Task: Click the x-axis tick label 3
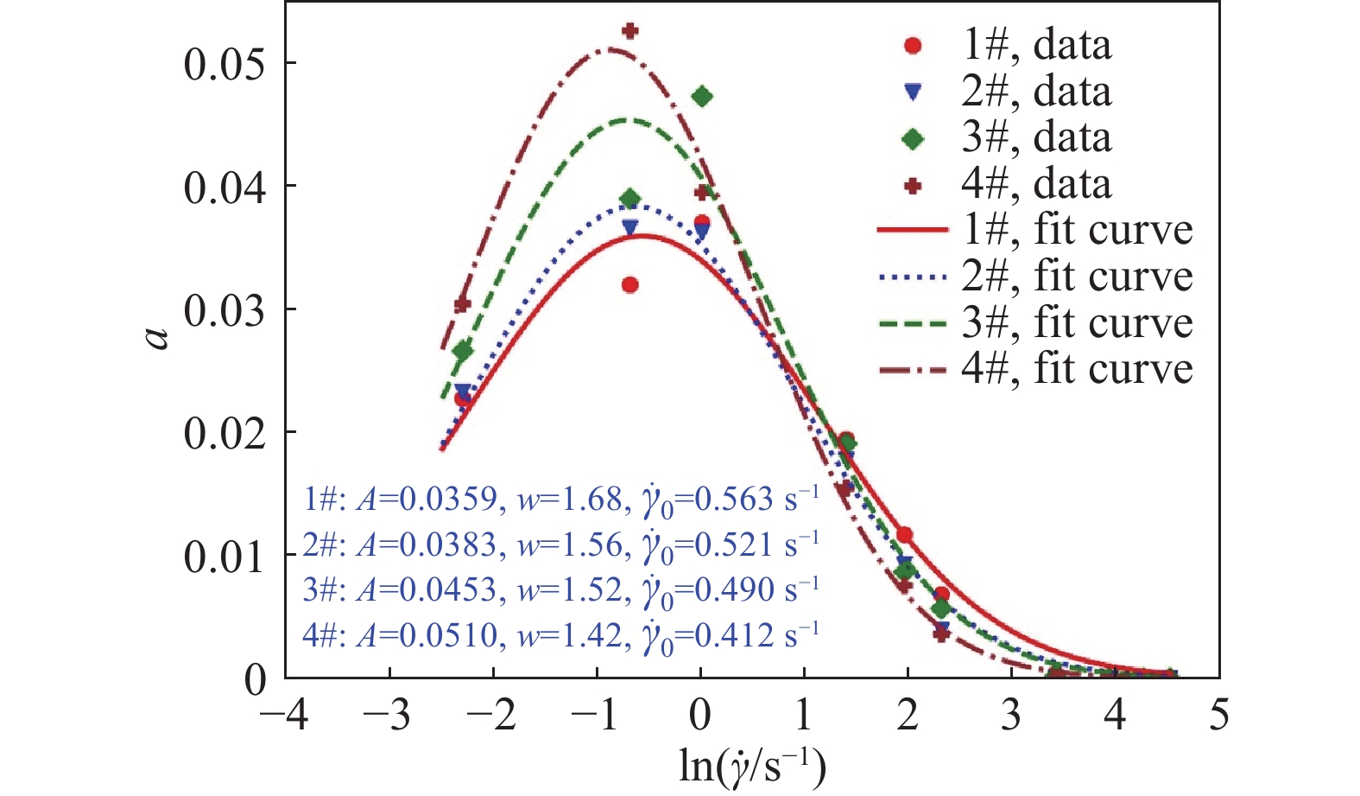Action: pos(1011,716)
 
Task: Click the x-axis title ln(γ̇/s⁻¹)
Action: pos(752,766)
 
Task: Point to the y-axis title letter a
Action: pos(158,335)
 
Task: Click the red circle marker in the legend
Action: pos(913,46)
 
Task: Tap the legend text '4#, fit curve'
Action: pos(1077,369)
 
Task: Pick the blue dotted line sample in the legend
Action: pos(914,277)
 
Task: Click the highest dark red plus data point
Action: pos(630,31)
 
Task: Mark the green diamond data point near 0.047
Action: pos(702,96)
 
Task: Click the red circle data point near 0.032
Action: pos(630,284)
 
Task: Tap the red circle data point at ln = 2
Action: pos(905,535)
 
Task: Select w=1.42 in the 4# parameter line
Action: pos(570,635)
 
